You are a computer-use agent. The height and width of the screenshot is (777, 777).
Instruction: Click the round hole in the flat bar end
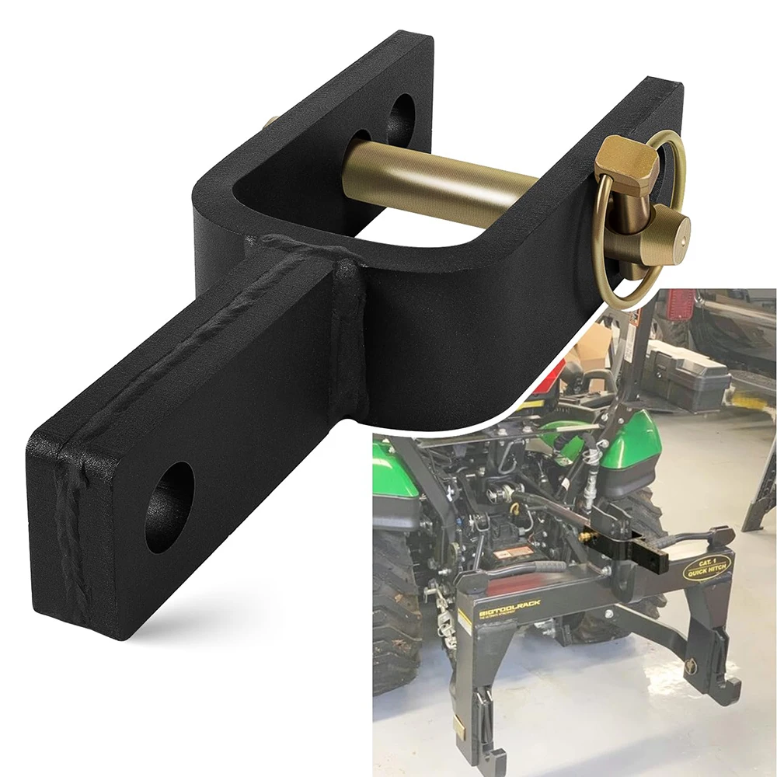169,507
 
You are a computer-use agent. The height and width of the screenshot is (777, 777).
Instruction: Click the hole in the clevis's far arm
401,118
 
